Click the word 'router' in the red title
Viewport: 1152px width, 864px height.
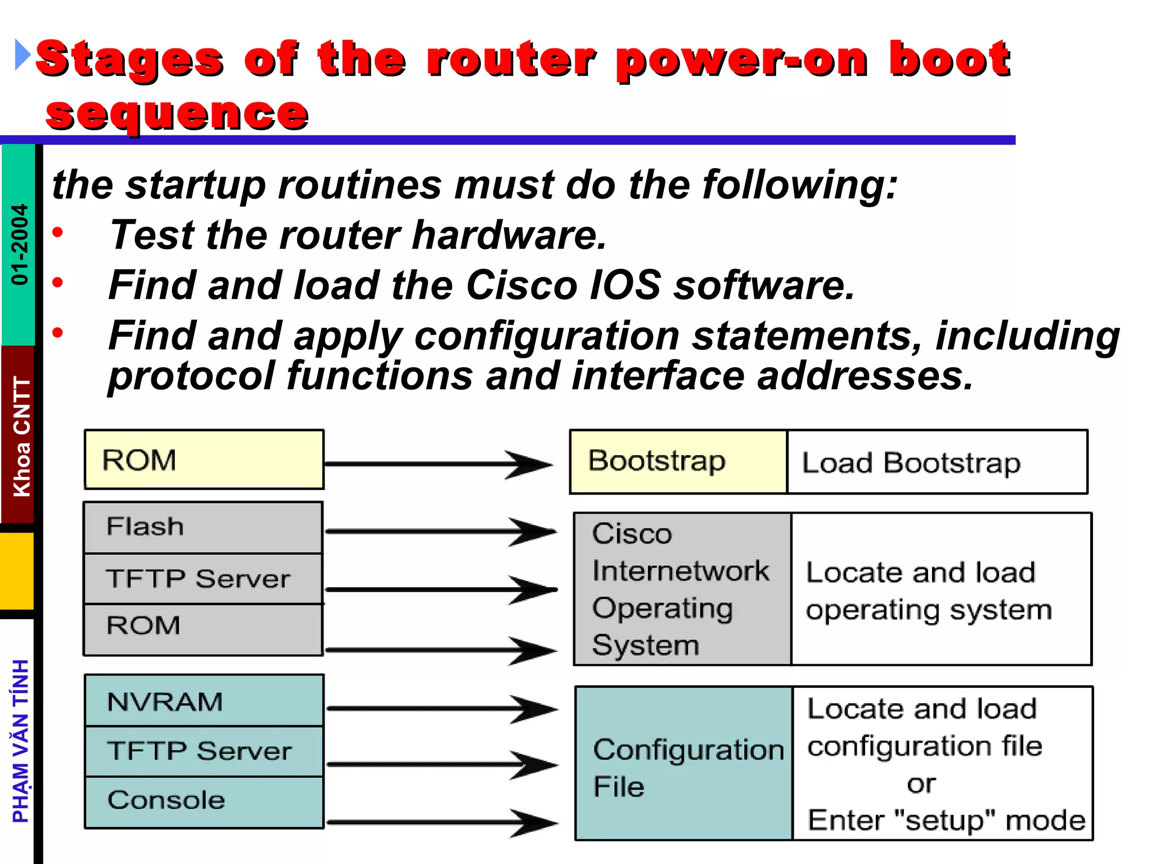pos(511,59)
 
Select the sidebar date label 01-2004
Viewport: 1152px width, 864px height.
pos(20,245)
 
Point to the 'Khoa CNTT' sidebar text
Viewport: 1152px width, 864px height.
pos(21,436)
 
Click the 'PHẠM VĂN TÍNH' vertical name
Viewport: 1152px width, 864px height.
pos(21,741)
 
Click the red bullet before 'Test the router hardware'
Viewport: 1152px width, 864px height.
pos(57,232)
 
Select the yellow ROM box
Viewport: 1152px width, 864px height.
pos(204,460)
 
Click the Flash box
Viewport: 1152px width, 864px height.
pos(202,527)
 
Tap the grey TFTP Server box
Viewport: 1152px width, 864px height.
pos(202,579)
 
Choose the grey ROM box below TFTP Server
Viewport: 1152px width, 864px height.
pos(202,629)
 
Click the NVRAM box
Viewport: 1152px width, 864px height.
pos(204,701)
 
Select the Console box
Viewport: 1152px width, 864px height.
pos(204,801)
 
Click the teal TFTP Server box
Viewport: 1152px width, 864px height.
pos(204,751)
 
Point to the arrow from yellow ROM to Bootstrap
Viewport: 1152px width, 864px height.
pos(439,464)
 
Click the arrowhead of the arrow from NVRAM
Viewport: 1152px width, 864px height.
pos(534,709)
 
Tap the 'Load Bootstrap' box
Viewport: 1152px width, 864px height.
pos(937,462)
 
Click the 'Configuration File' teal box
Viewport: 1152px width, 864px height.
pos(683,763)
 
